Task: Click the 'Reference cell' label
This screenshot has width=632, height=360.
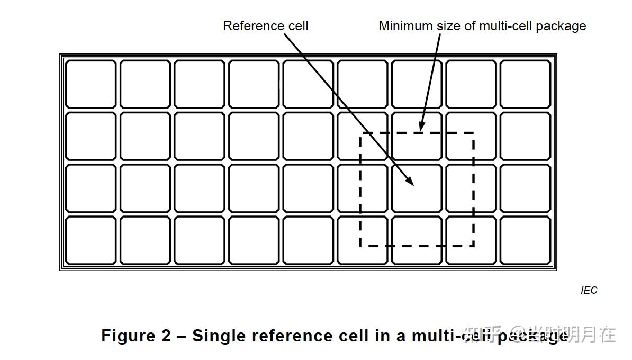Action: (x=265, y=26)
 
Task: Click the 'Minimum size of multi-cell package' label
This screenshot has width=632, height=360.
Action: (x=482, y=26)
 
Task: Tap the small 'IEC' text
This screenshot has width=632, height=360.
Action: (x=589, y=290)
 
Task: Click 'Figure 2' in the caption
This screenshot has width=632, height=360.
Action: (x=136, y=336)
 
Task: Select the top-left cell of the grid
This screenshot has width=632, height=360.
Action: (x=91, y=85)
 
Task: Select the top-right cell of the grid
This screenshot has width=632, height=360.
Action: (x=525, y=85)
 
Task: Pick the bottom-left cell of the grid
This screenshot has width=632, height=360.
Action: (x=91, y=240)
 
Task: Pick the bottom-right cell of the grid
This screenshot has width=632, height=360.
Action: (x=525, y=240)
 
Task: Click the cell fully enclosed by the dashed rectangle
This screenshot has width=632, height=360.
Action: (x=417, y=188)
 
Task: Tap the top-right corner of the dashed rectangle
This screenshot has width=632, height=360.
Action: (x=473, y=133)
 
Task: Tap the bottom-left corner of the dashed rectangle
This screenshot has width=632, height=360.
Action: (x=360, y=246)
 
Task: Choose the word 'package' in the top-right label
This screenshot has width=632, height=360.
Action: (x=561, y=26)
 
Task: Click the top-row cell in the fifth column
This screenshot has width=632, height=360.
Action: (x=308, y=85)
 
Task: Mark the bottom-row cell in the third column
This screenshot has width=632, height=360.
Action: (x=199, y=240)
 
